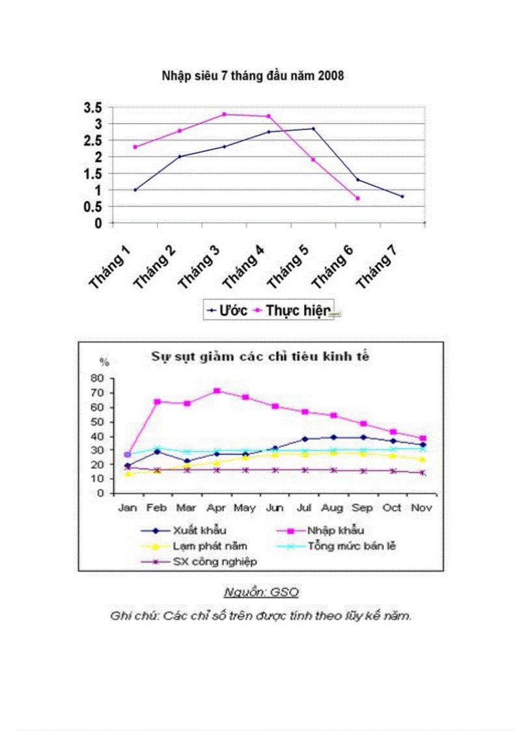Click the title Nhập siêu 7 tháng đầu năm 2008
[252, 76]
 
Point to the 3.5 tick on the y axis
[93, 107]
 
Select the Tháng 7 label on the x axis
[376, 268]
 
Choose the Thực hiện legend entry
[299, 310]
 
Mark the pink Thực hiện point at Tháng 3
[225, 115]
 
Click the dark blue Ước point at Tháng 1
[135, 190]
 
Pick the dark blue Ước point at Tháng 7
[402, 197]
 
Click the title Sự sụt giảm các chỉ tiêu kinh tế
[261, 356]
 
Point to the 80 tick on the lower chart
[98, 378]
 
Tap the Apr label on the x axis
[217, 507]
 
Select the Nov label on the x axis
[423, 507]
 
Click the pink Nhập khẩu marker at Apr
[217, 391]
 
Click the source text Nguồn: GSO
[261, 592]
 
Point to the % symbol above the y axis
[103, 362]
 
